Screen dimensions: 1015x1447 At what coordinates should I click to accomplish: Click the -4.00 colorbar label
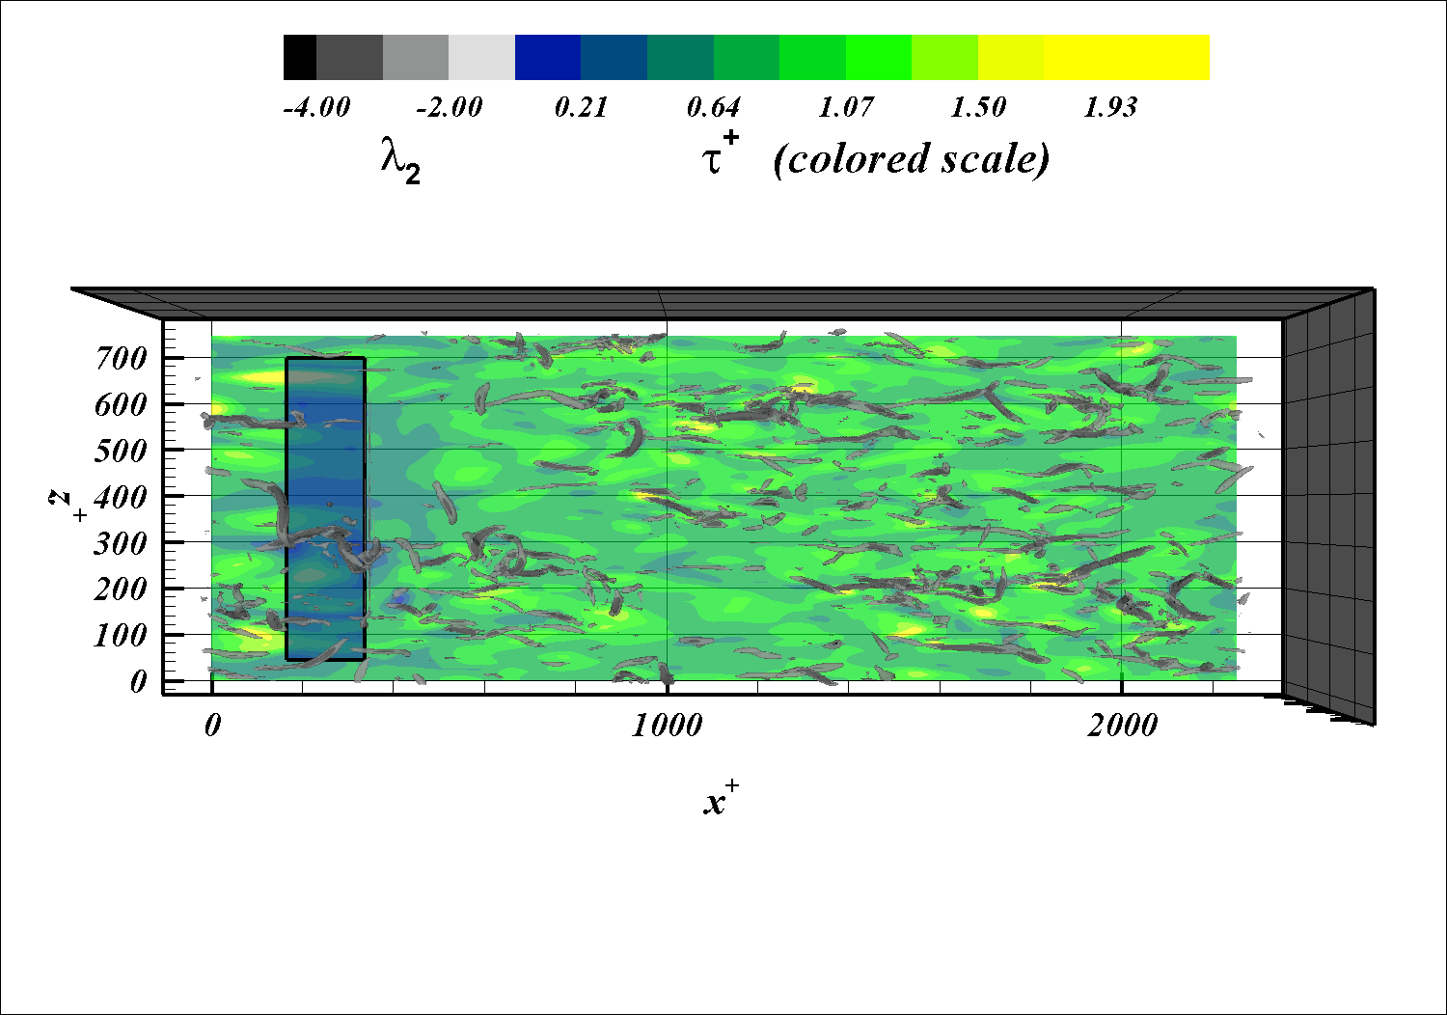pyautogui.click(x=316, y=106)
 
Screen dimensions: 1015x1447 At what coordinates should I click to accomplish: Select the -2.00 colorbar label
pyautogui.click(x=450, y=106)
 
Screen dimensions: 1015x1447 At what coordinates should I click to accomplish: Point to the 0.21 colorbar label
pyautogui.click(x=582, y=106)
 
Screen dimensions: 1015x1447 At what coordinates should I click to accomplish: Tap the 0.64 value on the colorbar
pyautogui.click(x=714, y=106)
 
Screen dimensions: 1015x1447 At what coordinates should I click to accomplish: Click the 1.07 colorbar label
pyautogui.click(x=846, y=106)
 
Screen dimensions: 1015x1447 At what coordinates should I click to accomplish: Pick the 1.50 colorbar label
pyautogui.click(x=978, y=106)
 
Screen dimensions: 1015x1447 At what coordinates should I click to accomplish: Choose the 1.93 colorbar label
pyautogui.click(x=1110, y=106)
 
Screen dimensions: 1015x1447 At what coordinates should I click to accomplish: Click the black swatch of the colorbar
pyautogui.click(x=300, y=58)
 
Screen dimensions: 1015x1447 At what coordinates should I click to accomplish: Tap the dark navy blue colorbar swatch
pyautogui.click(x=548, y=58)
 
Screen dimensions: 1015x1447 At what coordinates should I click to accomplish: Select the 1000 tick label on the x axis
pyautogui.click(x=667, y=726)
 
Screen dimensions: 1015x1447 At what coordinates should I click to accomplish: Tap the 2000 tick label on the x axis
pyautogui.click(x=1122, y=726)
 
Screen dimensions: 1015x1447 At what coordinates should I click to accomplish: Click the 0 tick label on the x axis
pyautogui.click(x=212, y=726)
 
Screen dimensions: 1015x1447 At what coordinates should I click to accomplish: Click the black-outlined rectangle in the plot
pyautogui.click(x=326, y=509)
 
